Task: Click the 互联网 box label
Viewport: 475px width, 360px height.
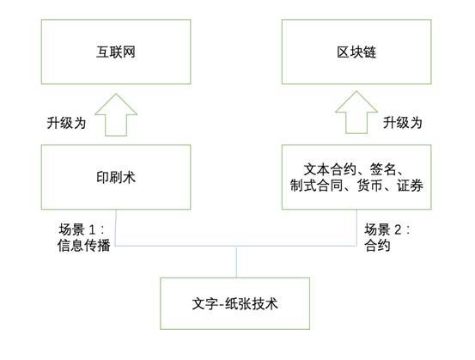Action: click(x=116, y=52)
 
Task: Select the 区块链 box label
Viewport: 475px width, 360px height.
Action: click(x=356, y=52)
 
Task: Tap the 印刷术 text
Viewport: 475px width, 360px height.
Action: click(x=116, y=177)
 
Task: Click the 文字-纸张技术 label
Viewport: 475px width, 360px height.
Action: click(x=234, y=303)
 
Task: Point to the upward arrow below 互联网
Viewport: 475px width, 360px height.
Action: click(x=116, y=115)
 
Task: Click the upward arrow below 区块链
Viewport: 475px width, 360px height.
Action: click(x=356, y=113)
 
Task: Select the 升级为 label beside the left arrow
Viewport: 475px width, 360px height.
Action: click(x=66, y=123)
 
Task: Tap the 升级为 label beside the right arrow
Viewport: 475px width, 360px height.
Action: click(x=403, y=123)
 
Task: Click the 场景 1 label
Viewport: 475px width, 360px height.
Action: click(x=82, y=229)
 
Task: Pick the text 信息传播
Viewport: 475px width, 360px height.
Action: click(x=84, y=245)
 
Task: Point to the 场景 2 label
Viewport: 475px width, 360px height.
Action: click(x=387, y=229)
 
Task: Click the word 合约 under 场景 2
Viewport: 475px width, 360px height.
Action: click(x=377, y=245)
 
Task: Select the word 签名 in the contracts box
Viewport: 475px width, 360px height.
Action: click(x=383, y=169)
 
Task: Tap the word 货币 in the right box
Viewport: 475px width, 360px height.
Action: click(x=370, y=186)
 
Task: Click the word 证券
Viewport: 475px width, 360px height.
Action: click(x=410, y=186)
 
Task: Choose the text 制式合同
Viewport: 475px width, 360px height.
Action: click(x=316, y=186)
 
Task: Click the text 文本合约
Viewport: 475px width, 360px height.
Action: click(x=330, y=169)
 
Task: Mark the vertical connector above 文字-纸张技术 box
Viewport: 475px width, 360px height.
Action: click(x=236, y=262)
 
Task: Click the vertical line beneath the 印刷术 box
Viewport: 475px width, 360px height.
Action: click(x=116, y=228)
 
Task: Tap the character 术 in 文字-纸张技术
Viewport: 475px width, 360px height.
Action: click(x=271, y=303)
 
